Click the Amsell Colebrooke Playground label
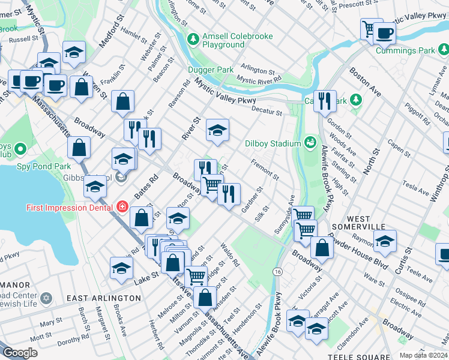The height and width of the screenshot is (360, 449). [228, 40]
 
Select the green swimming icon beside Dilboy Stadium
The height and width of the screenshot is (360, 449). [310, 143]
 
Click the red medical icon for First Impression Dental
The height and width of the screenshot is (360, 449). [122, 207]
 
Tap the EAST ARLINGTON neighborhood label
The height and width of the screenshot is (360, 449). [103, 298]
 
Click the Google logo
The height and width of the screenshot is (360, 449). [20, 353]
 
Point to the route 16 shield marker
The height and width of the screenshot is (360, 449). [277, 272]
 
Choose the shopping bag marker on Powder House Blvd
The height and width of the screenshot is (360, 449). [322, 248]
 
